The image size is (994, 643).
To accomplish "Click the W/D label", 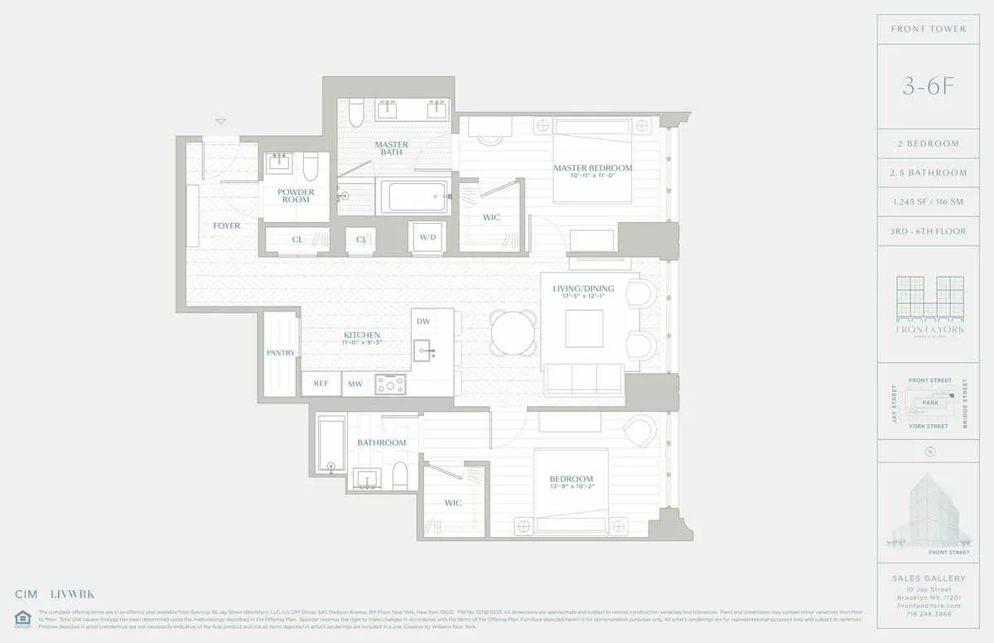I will coord(427,237).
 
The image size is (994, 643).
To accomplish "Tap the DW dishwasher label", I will coord(423,321).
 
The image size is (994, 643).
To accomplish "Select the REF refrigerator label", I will coord(321,384).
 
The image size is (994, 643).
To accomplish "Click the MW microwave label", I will coord(355,384).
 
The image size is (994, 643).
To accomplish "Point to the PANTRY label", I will coord(281,353).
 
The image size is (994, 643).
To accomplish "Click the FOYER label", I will coord(226,225).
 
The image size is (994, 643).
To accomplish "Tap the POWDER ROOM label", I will coord(296,196).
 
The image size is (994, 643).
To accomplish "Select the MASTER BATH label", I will coord(391,148).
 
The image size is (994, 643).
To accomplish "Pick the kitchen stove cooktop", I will coord(391,384).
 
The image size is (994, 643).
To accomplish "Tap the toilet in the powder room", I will coord(311,167).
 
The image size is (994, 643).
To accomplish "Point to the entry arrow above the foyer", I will coord(220,122).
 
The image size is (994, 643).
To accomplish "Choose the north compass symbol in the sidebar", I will coord(930,452).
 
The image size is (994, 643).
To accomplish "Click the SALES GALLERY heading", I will coord(929,578).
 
